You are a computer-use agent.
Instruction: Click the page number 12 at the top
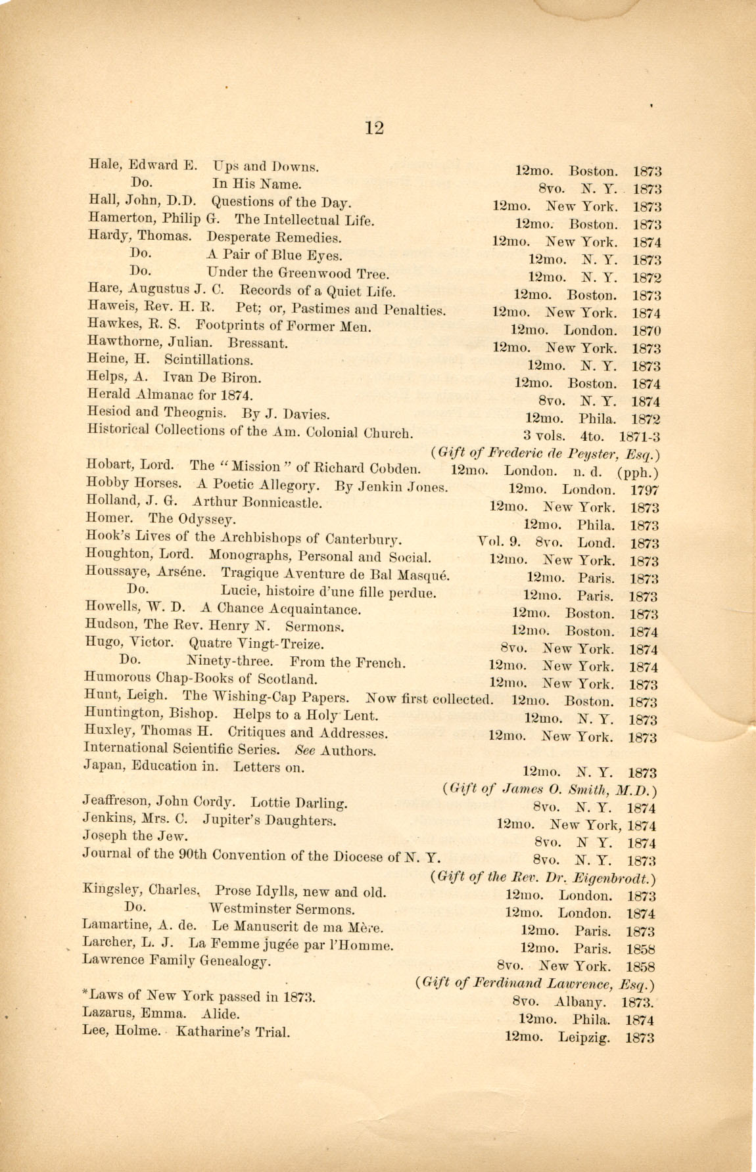click(373, 127)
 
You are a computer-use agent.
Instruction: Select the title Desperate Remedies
click(274, 238)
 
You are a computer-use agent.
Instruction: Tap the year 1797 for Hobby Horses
click(644, 490)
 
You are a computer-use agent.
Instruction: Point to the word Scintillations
click(208, 360)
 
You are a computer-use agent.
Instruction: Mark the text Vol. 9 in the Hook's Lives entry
click(499, 543)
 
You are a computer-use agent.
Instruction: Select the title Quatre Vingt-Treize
click(256, 644)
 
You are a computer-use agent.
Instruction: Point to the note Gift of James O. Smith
click(550, 790)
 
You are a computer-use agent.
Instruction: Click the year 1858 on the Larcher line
click(640, 949)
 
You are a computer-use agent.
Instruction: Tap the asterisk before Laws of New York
click(86, 993)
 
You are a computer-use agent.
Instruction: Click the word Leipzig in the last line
click(584, 1038)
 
